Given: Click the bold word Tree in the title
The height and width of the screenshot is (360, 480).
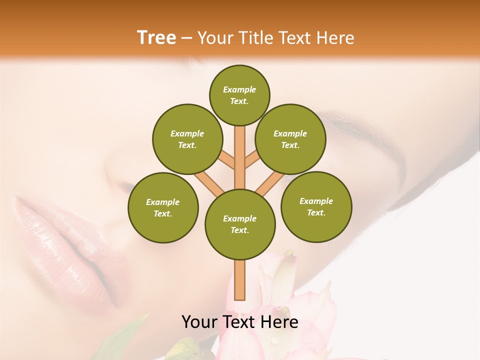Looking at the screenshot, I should tap(156, 37).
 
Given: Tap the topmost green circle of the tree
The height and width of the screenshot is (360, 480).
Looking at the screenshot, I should tap(239, 95).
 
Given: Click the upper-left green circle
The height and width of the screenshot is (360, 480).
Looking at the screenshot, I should tap(187, 139).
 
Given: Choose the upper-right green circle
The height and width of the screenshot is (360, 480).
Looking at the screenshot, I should tap(290, 139).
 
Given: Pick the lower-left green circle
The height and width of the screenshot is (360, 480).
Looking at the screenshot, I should tap(163, 207).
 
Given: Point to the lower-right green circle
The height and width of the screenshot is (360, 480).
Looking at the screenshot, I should tap(316, 206).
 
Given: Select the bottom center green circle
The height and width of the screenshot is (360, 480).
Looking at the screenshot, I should tap(240, 224).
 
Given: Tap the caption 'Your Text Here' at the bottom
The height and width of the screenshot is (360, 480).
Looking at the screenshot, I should tap(239, 322).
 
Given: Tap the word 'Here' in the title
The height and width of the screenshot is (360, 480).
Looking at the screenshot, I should tap(337, 38).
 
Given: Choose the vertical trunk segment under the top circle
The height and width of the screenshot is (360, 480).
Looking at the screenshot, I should tap(240, 150).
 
